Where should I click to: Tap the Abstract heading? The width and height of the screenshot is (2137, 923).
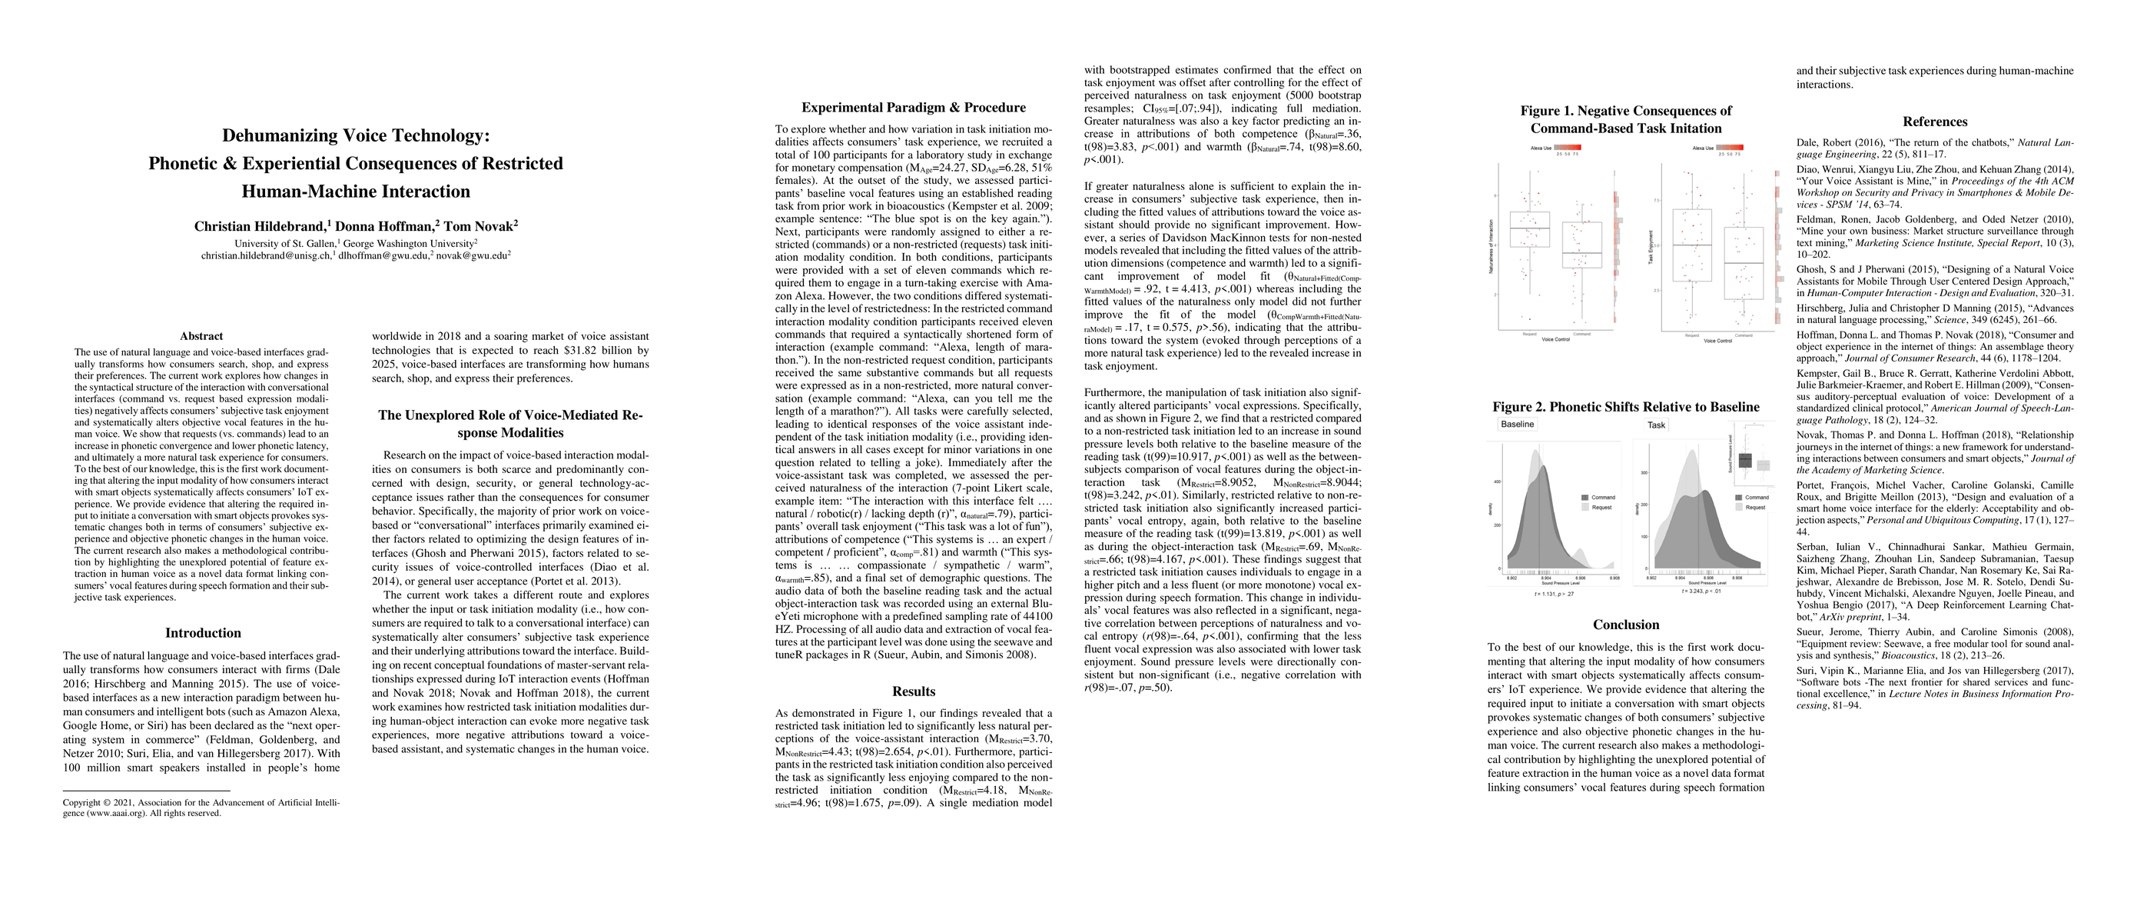tap(201, 336)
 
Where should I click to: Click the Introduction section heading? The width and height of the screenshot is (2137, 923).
tap(202, 632)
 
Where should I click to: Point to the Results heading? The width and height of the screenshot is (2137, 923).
tap(914, 691)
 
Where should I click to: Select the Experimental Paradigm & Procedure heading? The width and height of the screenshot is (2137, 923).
tap(914, 107)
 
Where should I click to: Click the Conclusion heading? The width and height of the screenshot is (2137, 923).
tap(1625, 625)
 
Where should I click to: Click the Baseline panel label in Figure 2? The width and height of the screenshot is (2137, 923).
tap(1518, 424)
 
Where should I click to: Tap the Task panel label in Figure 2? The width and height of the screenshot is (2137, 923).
tap(1656, 424)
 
